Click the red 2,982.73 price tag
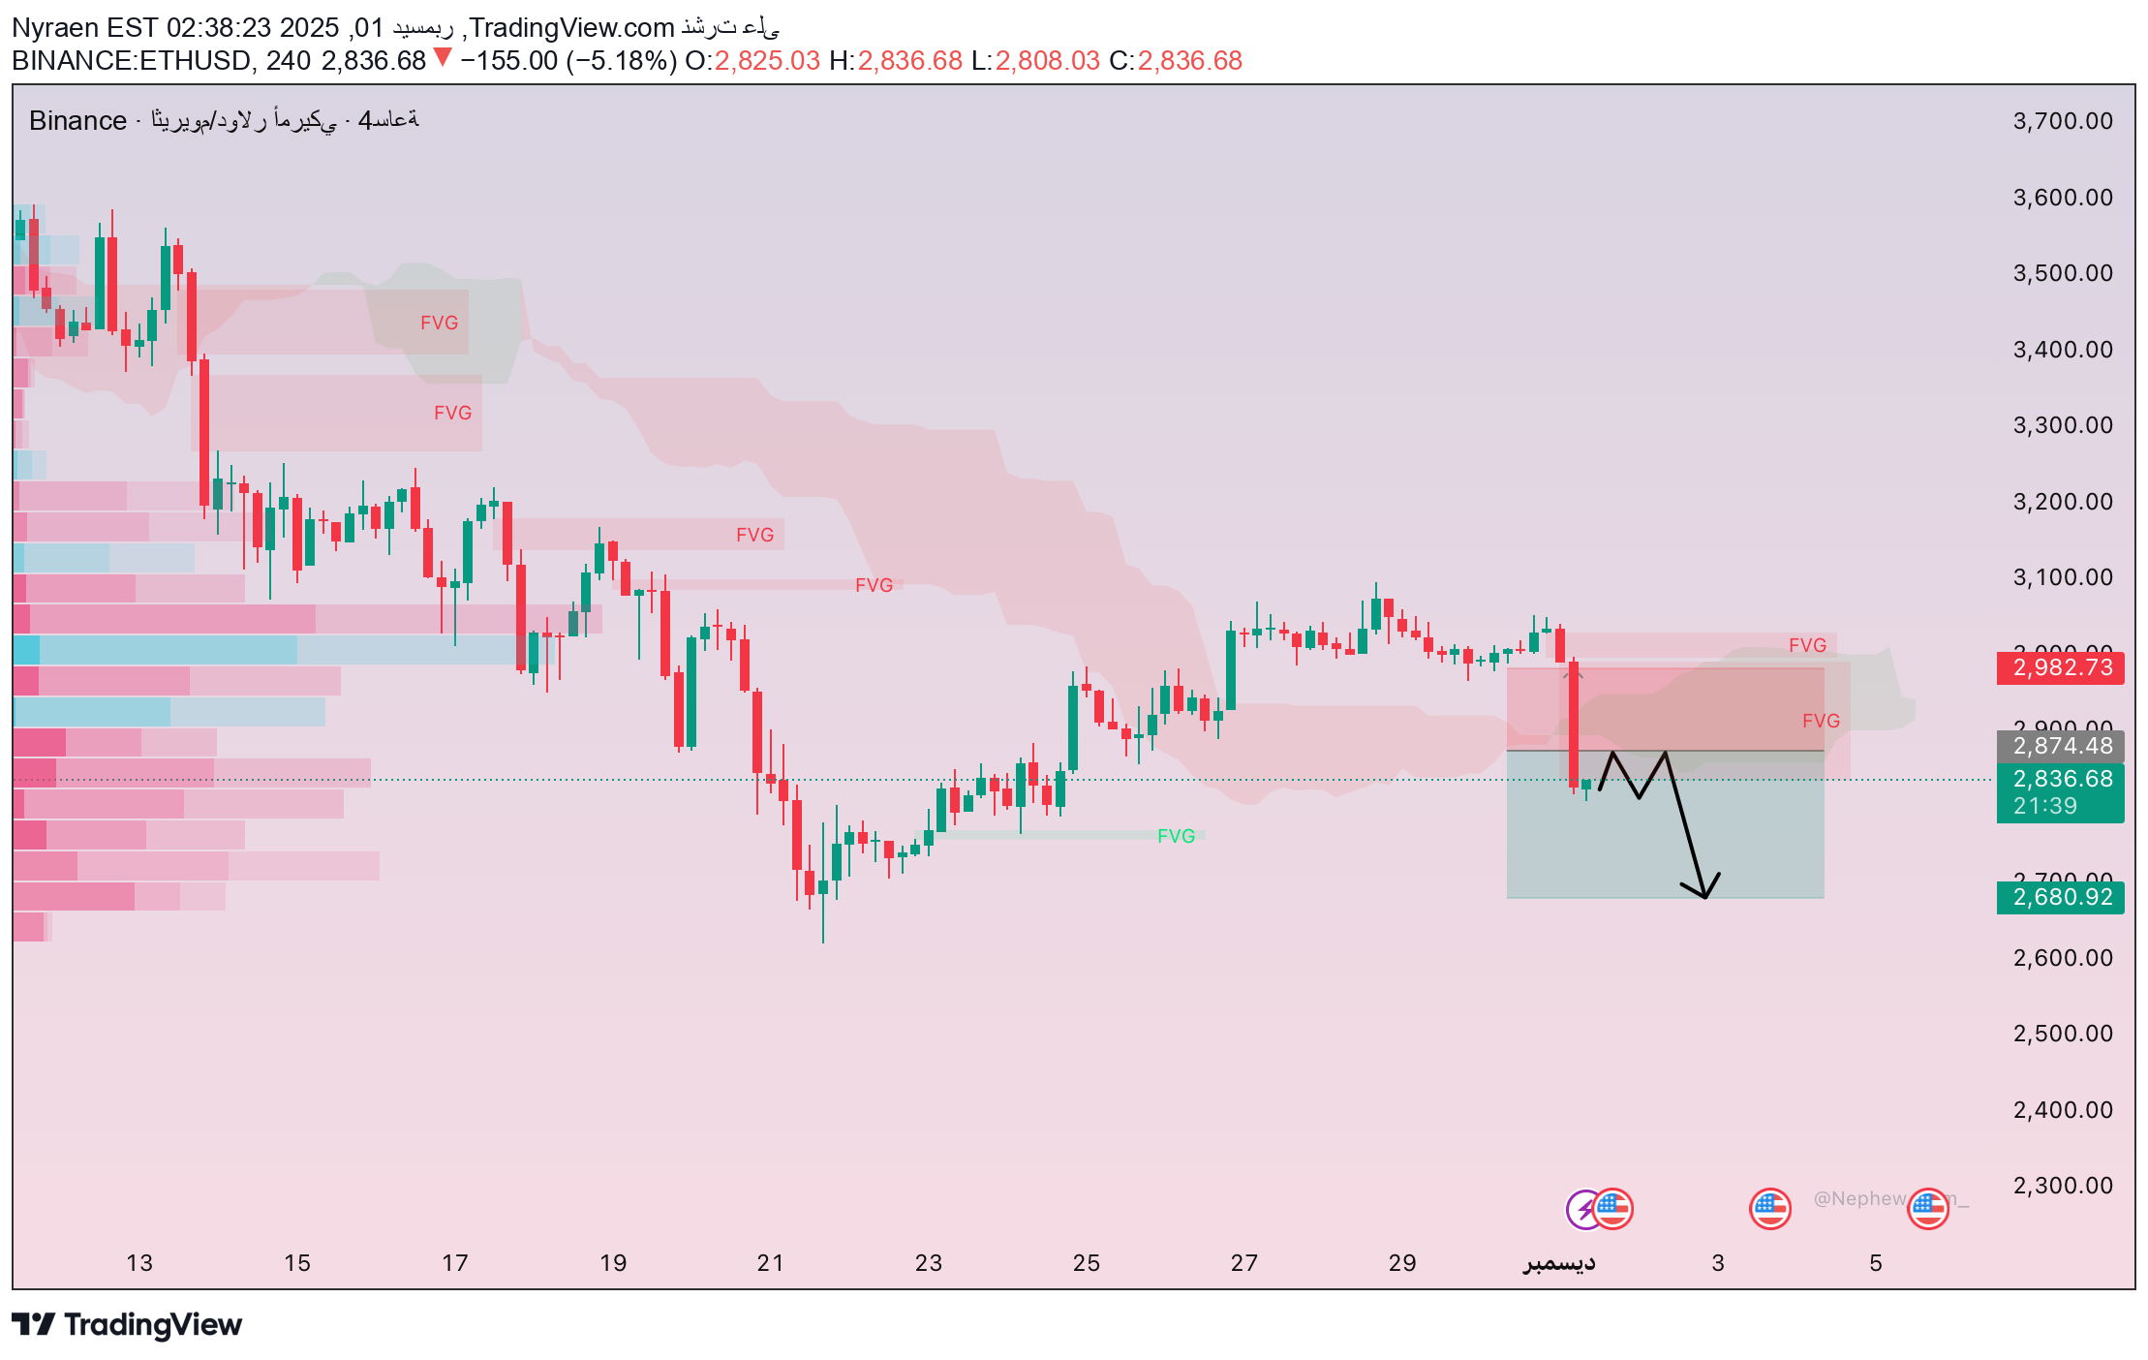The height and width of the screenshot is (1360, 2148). tap(2060, 667)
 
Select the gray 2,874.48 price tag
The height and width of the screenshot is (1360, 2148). tap(2060, 746)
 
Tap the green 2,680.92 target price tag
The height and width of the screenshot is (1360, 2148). tap(2060, 897)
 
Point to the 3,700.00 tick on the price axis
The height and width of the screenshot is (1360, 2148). tap(2063, 121)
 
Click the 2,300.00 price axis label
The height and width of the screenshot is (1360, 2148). tap(2063, 1186)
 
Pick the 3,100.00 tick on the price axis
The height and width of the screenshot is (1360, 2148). tap(2063, 577)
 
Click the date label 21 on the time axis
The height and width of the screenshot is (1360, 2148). tap(770, 1263)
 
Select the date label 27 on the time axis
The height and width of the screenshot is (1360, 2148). tap(1243, 1263)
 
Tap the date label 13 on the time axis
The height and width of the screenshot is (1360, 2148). tap(139, 1263)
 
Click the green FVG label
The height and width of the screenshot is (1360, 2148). tap(1176, 836)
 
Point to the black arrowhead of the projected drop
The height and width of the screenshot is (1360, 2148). tap(1703, 893)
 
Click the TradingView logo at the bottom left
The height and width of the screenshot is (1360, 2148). tap(127, 1324)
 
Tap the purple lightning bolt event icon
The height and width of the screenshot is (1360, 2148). tap(1583, 1209)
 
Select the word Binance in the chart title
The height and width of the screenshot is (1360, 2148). tap(77, 121)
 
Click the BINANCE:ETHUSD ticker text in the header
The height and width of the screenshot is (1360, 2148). tap(131, 61)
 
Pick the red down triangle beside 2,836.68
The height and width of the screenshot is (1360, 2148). tap(443, 58)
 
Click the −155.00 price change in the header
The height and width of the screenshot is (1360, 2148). tap(508, 61)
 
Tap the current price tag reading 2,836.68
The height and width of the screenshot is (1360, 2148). tap(2060, 780)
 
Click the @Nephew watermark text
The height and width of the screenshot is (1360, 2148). tap(1858, 1199)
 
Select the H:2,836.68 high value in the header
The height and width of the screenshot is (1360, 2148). tap(896, 61)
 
